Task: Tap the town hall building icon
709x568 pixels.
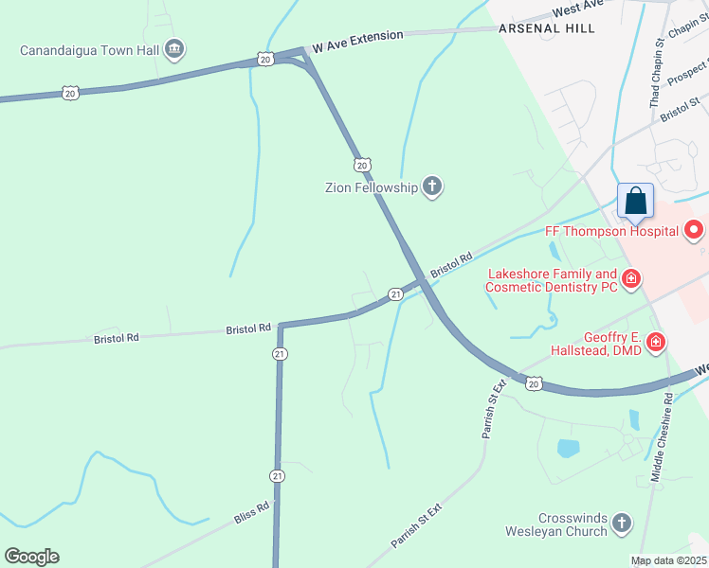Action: click(173, 48)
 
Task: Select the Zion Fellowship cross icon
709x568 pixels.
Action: click(432, 186)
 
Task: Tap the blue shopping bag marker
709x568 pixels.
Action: click(635, 202)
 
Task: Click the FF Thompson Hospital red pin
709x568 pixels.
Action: click(694, 230)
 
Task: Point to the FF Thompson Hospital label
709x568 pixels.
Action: click(611, 231)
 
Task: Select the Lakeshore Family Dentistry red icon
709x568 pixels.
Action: click(630, 279)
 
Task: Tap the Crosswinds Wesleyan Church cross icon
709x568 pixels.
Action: click(621, 524)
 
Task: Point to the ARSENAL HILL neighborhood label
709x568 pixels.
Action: click(547, 28)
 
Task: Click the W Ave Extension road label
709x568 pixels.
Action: click(357, 40)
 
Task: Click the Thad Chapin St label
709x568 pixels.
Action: click(656, 75)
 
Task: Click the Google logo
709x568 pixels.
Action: click(31, 557)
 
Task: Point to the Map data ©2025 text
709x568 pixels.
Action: click(668, 560)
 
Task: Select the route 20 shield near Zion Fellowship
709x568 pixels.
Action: click(362, 164)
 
